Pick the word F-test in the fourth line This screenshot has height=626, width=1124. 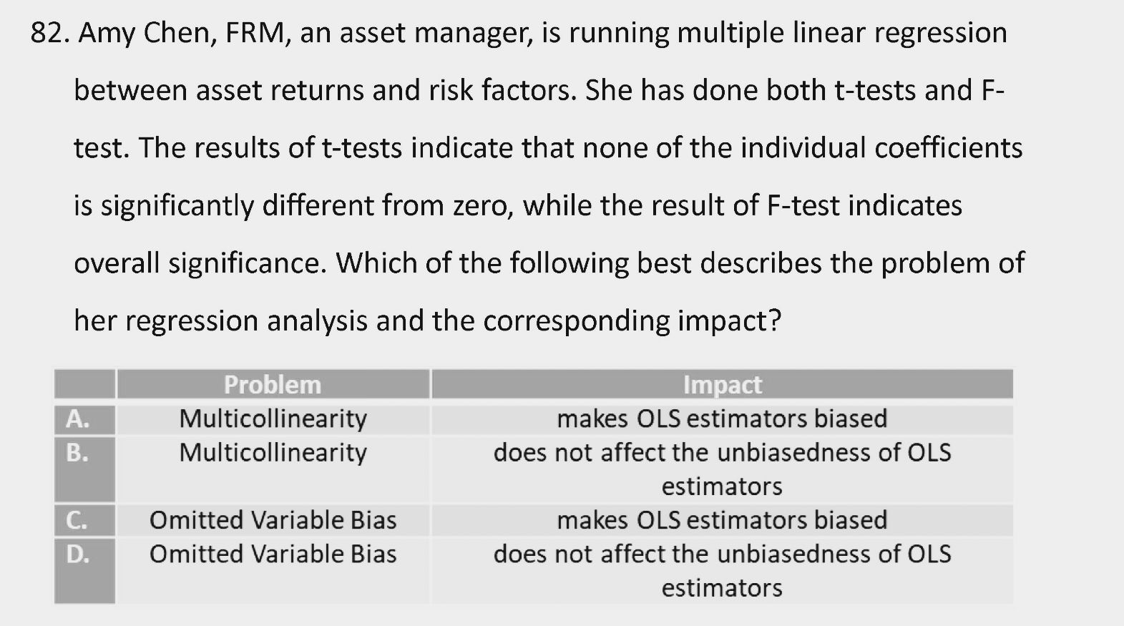pyautogui.click(x=803, y=205)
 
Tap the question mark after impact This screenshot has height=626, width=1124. pyautogui.click(x=775, y=321)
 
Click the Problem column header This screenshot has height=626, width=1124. pyautogui.click(x=273, y=385)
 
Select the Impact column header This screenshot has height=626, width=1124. pyautogui.click(x=723, y=386)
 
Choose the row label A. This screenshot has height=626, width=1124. pyautogui.click(x=77, y=419)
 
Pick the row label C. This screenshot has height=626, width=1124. pyautogui.click(x=77, y=520)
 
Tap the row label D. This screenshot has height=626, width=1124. pyautogui.click(x=77, y=554)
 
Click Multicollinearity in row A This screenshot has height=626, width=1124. pyautogui.click(x=273, y=419)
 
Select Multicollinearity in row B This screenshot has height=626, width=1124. pyautogui.click(x=273, y=454)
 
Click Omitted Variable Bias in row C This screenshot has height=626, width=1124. pyautogui.click(x=273, y=520)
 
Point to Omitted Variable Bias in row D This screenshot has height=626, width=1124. pyautogui.click(x=273, y=554)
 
